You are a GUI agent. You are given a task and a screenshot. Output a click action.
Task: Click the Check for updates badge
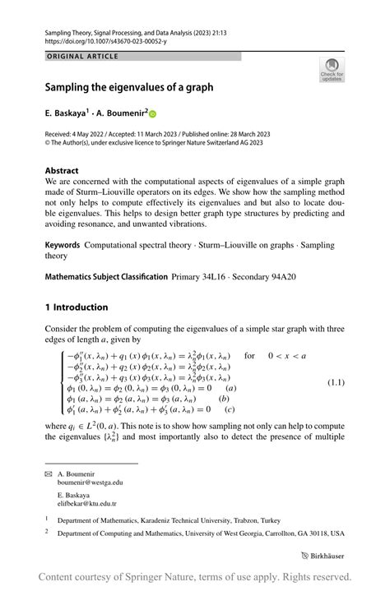332,69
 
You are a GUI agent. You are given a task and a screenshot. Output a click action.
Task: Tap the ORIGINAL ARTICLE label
83,57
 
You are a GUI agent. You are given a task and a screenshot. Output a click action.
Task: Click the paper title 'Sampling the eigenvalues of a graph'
128,86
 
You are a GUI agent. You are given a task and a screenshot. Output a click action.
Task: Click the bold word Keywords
63,245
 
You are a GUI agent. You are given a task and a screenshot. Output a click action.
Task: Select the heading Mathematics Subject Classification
106,277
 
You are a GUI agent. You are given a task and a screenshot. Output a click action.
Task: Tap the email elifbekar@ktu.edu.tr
87,504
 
